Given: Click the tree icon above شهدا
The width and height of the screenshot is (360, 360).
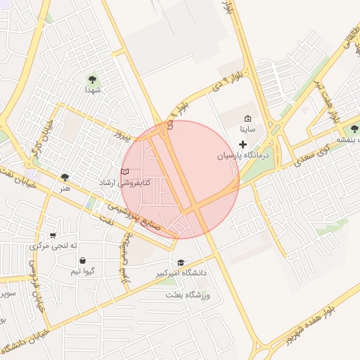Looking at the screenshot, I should click(93, 79).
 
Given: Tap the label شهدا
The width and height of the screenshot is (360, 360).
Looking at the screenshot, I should click(93, 90).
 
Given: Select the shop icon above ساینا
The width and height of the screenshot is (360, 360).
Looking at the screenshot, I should click(247, 119).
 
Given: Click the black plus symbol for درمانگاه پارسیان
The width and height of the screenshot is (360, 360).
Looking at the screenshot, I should click(243, 144).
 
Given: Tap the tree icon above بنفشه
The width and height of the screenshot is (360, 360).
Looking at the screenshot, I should click(354, 129).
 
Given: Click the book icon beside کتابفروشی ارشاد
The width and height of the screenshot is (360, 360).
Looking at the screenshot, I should click(125, 172).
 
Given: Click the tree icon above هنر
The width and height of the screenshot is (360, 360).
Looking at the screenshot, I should click(65, 178).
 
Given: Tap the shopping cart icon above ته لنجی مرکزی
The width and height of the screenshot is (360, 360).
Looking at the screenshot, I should click(53, 236).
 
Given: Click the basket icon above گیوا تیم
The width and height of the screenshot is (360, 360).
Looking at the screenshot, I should click(83, 260).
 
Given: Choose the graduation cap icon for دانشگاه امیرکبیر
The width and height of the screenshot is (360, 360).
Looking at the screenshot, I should click(181, 262).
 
